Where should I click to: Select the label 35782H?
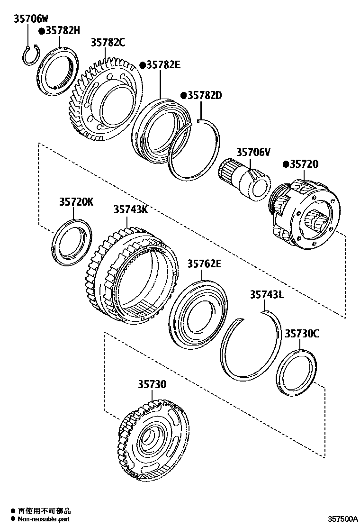(x=62, y=31)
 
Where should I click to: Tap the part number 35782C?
(x=108, y=43)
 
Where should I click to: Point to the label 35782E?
(x=162, y=64)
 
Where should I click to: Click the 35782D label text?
(x=204, y=95)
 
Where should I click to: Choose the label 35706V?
(x=253, y=152)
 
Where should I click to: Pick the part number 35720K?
(x=76, y=202)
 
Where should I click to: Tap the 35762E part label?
(x=204, y=263)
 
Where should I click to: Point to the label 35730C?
(x=302, y=334)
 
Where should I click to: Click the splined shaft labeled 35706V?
(x=244, y=181)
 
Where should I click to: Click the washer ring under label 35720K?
(x=71, y=242)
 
